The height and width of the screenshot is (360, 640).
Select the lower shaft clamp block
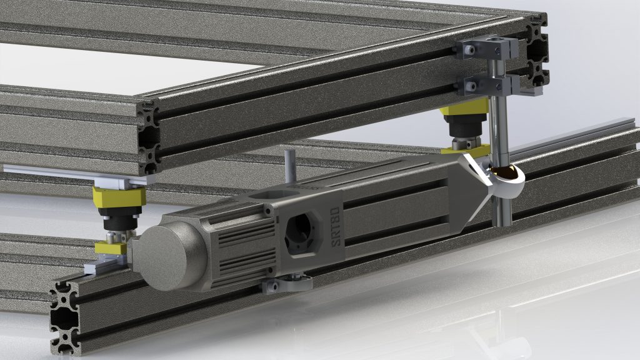pyautogui.click(x=484, y=84)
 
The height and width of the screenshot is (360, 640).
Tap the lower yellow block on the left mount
pyautogui.click(x=111, y=248)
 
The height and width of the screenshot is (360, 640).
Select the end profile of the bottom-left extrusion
pyautogui.click(x=65, y=312)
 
